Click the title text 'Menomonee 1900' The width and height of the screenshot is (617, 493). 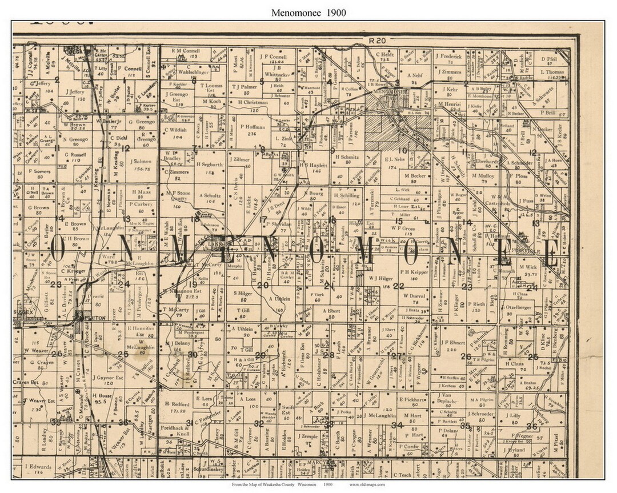[308, 12]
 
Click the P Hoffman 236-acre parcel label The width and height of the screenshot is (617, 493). [251, 129]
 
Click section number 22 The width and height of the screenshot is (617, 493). [398, 286]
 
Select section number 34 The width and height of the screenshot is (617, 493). [396, 425]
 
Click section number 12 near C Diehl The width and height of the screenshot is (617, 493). [126, 148]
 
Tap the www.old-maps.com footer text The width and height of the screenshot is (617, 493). [367, 484]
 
